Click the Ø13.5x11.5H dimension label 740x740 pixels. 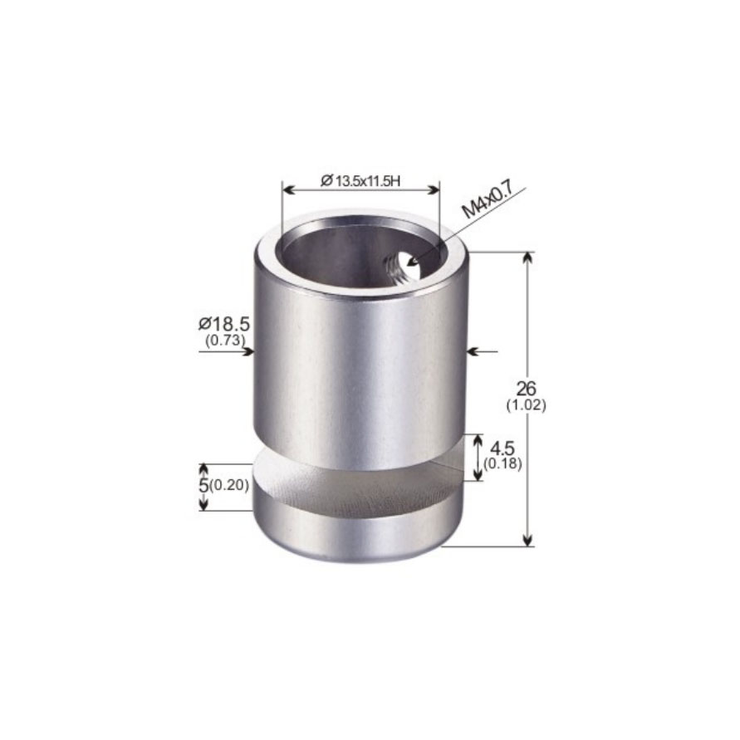click(x=360, y=181)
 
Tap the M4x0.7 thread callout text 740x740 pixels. click(x=487, y=199)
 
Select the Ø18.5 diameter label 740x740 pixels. click(x=223, y=324)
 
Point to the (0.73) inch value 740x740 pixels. click(x=225, y=341)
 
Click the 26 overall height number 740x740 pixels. click(x=527, y=389)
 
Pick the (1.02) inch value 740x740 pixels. click(x=527, y=405)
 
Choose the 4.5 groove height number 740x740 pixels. click(x=502, y=448)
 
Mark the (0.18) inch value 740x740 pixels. click(x=502, y=464)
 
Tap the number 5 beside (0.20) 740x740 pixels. click(x=203, y=485)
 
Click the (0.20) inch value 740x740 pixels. click(x=229, y=485)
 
